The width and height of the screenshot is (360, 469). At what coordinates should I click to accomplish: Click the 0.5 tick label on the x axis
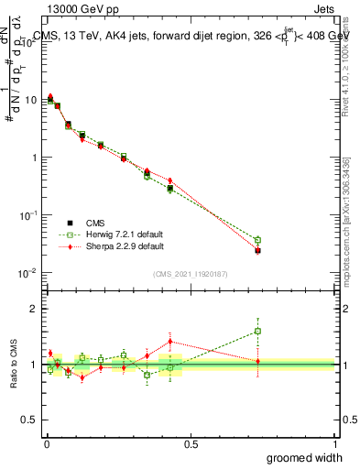click(x=190, y=444)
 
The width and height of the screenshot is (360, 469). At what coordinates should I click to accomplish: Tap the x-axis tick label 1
click(x=334, y=444)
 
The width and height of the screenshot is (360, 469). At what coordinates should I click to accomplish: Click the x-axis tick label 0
click(x=45, y=444)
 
